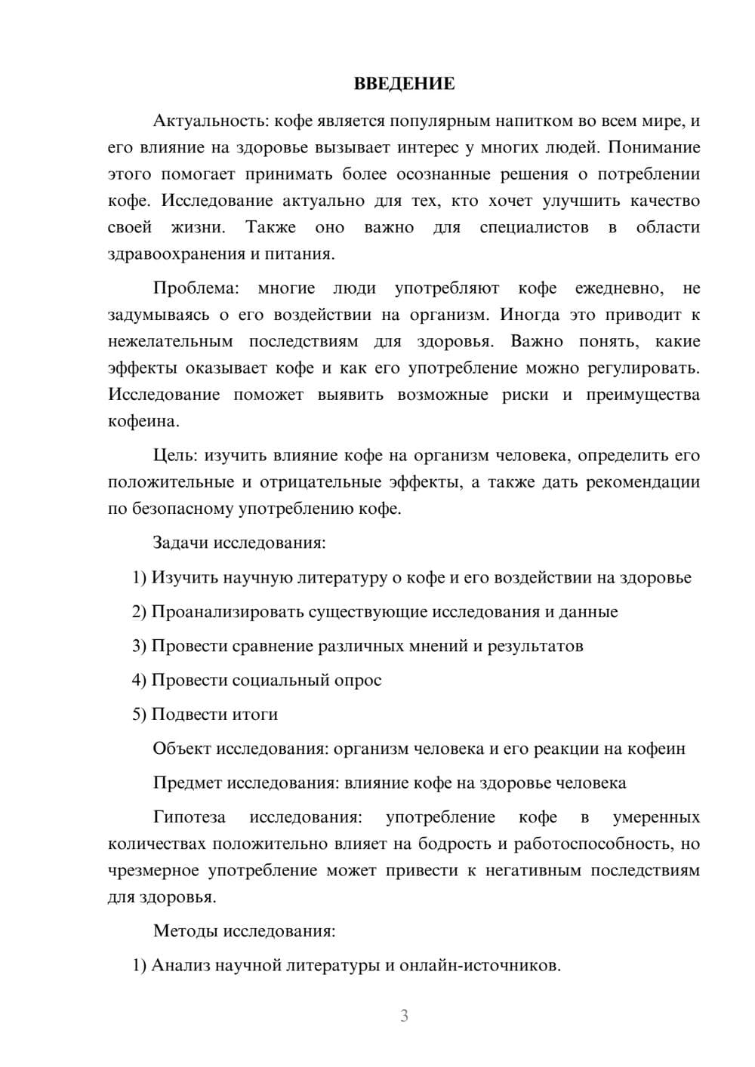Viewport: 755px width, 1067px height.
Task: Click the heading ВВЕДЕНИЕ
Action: tap(404, 84)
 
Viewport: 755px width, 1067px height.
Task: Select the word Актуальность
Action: tap(210, 121)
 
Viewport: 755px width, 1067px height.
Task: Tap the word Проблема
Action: tap(196, 288)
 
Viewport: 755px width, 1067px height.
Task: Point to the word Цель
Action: tap(175, 456)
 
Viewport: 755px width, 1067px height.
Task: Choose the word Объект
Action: tap(182, 749)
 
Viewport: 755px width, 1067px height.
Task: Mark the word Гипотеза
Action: tap(190, 817)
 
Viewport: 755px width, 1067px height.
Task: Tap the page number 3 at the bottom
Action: tap(404, 1016)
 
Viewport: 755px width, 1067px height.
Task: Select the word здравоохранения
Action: tap(176, 254)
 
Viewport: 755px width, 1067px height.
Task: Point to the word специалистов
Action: tap(534, 227)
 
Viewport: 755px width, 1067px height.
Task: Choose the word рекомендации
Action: tap(644, 482)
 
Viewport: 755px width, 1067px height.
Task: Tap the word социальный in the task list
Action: tap(279, 680)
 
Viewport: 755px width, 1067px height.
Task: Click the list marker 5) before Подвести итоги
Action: tap(140, 714)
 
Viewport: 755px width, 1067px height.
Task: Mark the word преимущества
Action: tap(643, 395)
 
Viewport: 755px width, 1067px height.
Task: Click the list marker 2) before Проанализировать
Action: tap(140, 611)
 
